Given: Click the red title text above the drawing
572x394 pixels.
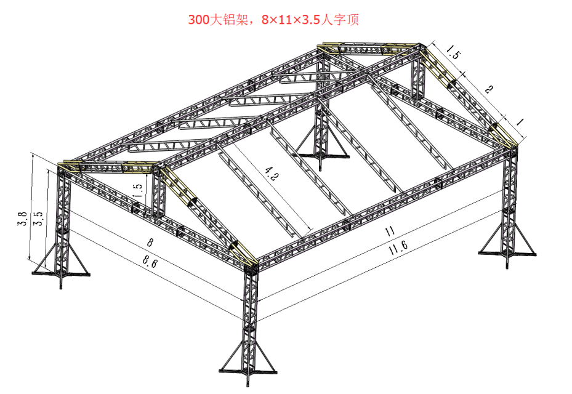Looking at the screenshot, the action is pos(273,19).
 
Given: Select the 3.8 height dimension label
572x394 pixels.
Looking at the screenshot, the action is pos(22,219).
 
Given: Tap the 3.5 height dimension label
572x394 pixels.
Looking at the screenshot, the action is pos(38,219).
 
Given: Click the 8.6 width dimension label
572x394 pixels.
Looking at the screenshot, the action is pos(150,261).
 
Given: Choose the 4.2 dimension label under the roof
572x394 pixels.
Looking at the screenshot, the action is pos(272,174).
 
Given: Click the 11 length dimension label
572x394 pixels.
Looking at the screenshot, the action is pos(390,231).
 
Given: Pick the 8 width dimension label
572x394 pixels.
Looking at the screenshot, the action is pos(150,242).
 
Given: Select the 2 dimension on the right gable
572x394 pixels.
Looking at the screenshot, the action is pos(489,89).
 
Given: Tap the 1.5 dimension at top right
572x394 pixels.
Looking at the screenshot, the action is pos(453,52).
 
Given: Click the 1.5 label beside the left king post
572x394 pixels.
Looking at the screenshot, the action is pos(137,190).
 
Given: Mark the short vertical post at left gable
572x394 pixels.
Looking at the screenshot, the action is pos(158,192).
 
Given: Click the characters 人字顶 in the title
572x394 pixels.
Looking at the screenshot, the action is pos(340,19).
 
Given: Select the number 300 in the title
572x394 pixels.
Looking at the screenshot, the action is pos(199,20).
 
